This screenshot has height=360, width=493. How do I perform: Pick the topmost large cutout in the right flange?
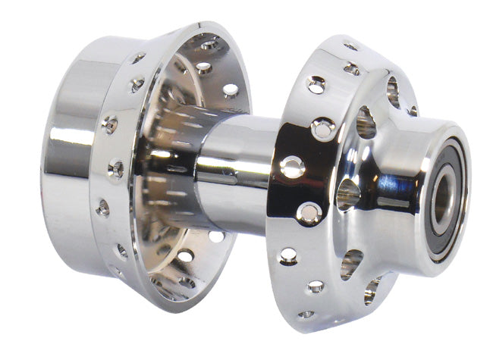coord(392,90)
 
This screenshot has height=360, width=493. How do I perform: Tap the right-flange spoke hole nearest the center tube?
coord(292,167)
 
